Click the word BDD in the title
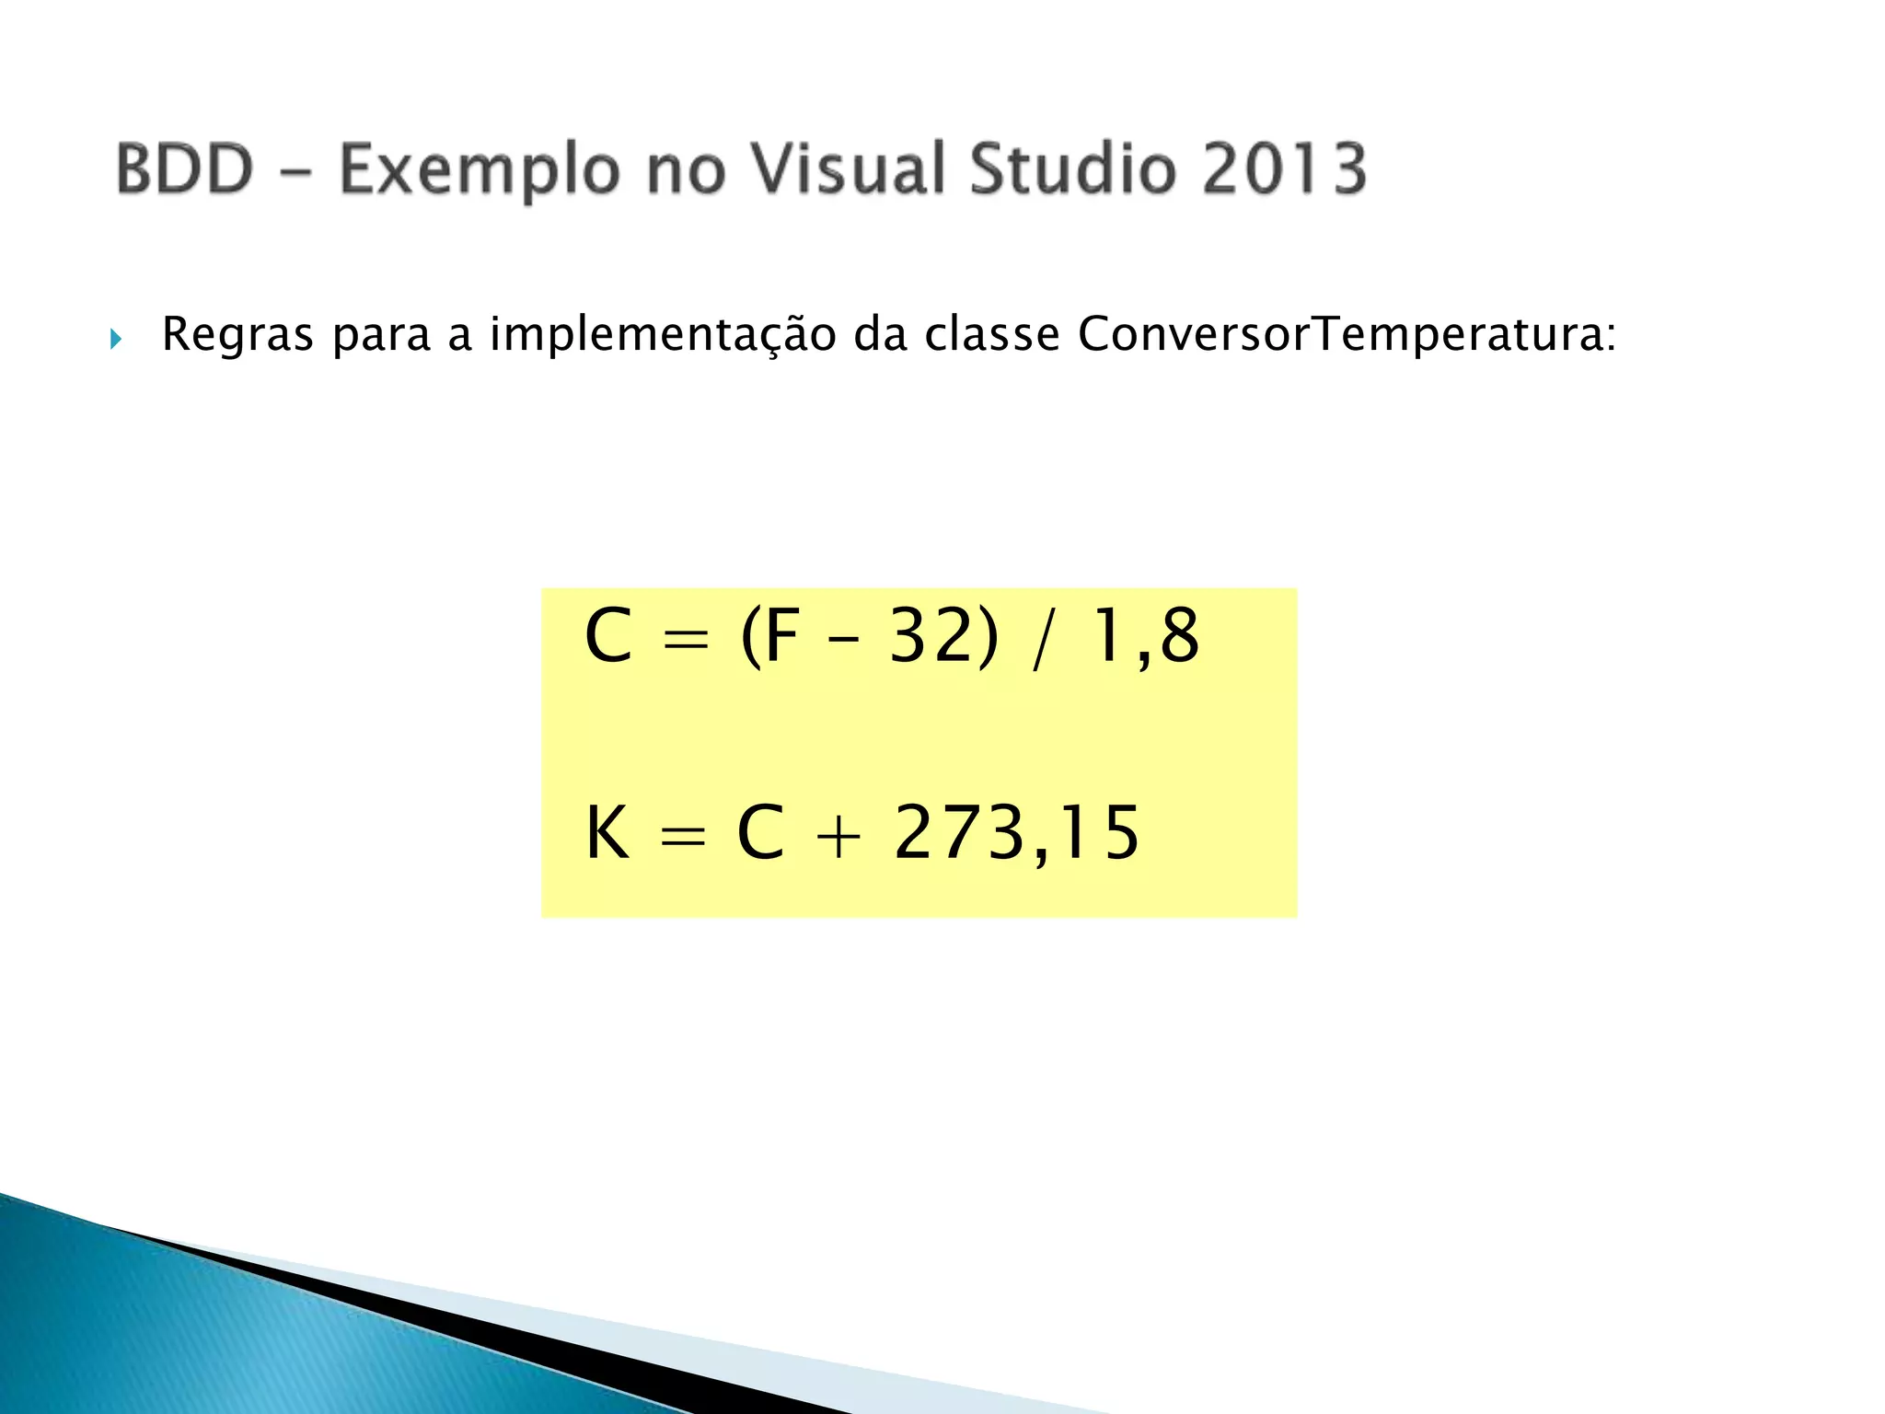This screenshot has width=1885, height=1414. pos(184,169)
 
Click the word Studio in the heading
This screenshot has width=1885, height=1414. pos(1072,169)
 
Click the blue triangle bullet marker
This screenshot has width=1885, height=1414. pos(116,339)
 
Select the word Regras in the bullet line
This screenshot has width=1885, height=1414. pos(237,335)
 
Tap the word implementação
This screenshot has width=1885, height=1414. pos(663,335)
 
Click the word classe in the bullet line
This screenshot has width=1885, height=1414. pos(992,333)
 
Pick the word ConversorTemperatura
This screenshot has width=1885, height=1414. pos(1346,335)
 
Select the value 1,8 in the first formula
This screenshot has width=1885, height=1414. pos(1145,637)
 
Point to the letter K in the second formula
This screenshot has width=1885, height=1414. pos(607,832)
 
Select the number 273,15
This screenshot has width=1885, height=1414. pos(1016,834)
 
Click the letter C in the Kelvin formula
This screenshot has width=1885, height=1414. pos(760,832)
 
